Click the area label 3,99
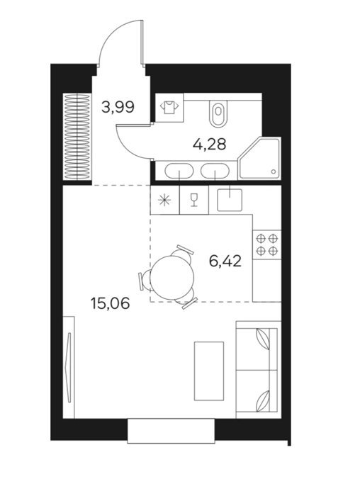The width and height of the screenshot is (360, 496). [x=118, y=108]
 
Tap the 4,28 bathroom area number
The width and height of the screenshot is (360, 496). [x=210, y=145]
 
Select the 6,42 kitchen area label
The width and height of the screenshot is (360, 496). [x=225, y=261]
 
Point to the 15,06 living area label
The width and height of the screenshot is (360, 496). [x=110, y=304]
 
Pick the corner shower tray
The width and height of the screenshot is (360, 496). [x=259, y=158]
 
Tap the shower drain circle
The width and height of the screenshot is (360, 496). [x=274, y=171]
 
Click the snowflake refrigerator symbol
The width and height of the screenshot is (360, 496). [x=164, y=201]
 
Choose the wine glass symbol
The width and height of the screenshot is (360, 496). [x=193, y=201]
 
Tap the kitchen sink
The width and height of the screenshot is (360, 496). [x=230, y=200]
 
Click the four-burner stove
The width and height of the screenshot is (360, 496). [x=266, y=244]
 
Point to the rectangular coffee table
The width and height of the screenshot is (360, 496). [x=209, y=371]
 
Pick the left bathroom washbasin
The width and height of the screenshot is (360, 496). [x=180, y=171]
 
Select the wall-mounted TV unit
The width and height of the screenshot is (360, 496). [x=69, y=366]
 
